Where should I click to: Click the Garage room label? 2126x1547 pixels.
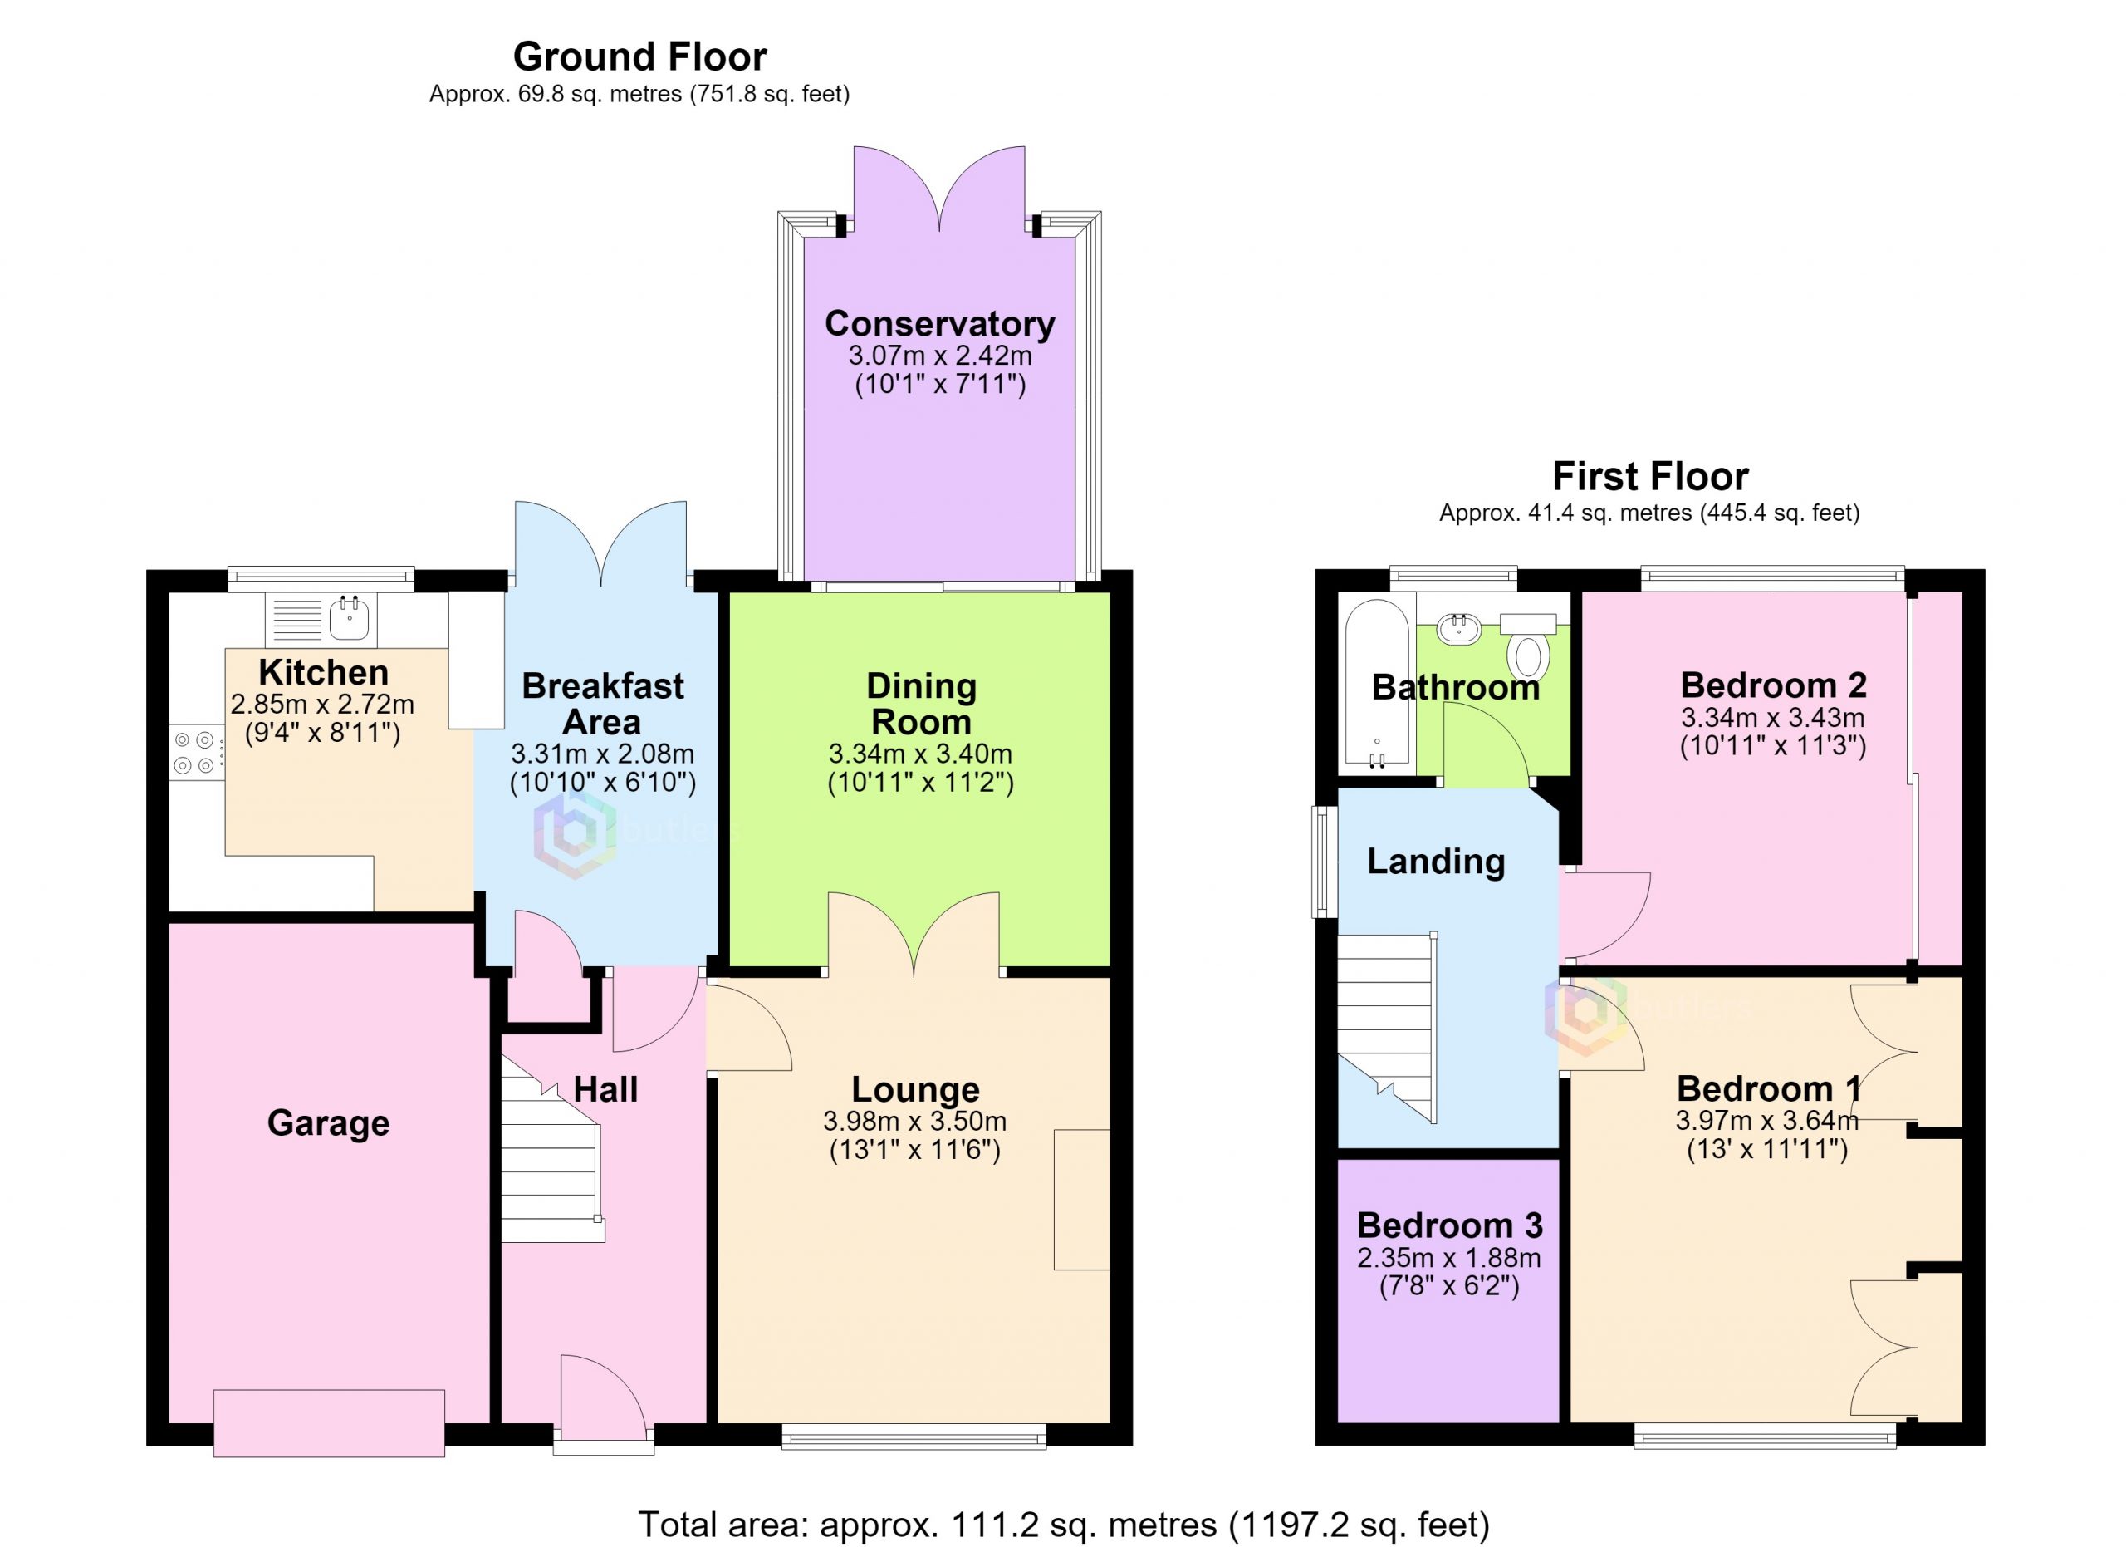point(328,1123)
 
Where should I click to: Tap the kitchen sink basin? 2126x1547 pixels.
point(350,619)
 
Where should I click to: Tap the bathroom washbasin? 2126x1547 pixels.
point(1458,628)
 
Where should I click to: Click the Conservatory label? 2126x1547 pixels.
point(940,323)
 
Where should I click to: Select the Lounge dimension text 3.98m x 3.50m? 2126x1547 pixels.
point(915,1121)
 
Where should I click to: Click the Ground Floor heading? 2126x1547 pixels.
point(639,57)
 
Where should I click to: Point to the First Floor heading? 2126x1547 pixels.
point(1650,476)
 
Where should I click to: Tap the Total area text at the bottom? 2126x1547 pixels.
point(1064,1525)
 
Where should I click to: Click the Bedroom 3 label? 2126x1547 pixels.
point(1449,1225)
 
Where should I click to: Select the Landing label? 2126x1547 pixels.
point(1436,862)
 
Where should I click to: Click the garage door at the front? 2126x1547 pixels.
point(329,1423)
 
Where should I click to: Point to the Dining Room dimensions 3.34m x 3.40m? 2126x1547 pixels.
point(920,754)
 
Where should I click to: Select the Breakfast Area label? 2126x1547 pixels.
point(602,704)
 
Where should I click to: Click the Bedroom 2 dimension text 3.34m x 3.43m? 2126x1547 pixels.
point(1772,718)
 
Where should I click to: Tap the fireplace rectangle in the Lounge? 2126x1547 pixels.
point(1082,1200)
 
